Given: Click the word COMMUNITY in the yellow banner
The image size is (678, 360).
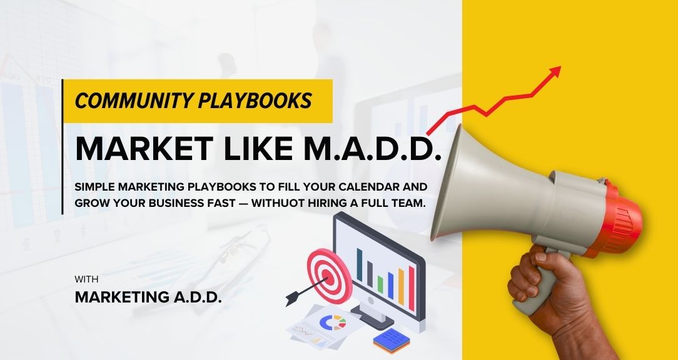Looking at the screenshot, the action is pyautogui.click(x=134, y=101).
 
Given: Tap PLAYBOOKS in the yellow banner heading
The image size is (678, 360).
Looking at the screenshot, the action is pyautogui.click(x=255, y=101).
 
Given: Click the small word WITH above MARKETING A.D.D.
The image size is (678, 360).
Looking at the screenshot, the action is pyautogui.click(x=86, y=279).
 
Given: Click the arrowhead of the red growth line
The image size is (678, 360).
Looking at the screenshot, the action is pyautogui.click(x=554, y=72).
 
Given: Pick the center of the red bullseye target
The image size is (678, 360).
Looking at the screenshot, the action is pyautogui.click(x=330, y=277).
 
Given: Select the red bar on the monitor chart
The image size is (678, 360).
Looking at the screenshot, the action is pyautogui.click(x=412, y=288).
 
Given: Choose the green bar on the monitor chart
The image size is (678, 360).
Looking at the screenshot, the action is pyautogui.click(x=380, y=284).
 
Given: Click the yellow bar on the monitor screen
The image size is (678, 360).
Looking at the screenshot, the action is pyautogui.click(x=401, y=287).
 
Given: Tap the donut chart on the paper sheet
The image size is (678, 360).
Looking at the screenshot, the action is pyautogui.click(x=333, y=322).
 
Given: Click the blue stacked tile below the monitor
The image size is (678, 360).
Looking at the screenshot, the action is pyautogui.click(x=392, y=340).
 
